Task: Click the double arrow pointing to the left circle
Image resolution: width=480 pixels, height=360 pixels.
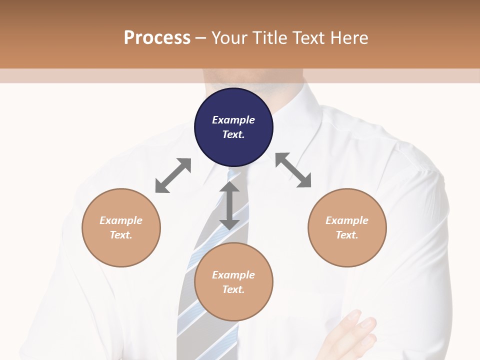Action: coord(173,175)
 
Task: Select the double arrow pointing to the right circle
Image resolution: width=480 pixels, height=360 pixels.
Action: coord(293,170)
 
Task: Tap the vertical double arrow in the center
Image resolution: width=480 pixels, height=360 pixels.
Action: coord(229,205)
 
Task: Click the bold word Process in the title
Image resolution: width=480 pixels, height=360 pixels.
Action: coord(157,37)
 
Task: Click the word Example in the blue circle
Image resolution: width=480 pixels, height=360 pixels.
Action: coord(233,120)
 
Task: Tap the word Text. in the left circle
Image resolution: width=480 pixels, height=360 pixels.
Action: coord(121,235)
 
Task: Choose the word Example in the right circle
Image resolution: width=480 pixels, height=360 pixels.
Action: coord(347,220)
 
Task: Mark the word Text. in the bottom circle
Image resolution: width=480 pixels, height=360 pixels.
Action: coord(233,289)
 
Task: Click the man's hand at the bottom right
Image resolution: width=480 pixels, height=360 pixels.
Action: coord(350,335)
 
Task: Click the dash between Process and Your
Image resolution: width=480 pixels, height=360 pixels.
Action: coord(200,38)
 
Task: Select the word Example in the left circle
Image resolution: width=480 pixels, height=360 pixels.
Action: coord(121,220)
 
